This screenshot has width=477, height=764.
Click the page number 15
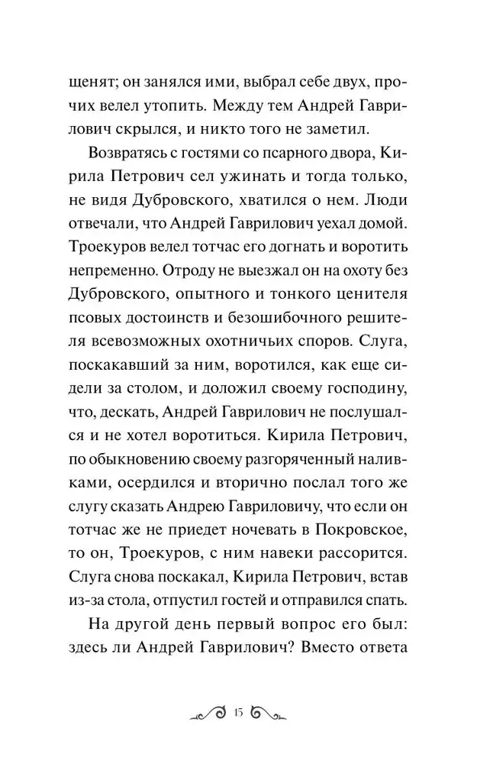[x=238, y=714]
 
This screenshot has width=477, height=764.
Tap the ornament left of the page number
[x=208, y=714]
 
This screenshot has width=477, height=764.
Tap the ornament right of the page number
[x=268, y=714]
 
